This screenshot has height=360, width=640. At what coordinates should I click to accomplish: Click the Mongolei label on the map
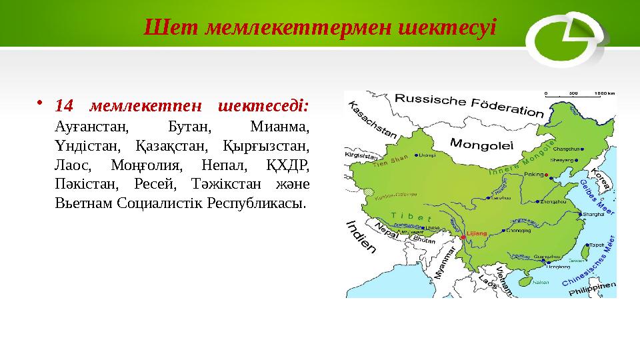click(481, 143)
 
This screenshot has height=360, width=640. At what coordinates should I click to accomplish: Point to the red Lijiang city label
click(477, 233)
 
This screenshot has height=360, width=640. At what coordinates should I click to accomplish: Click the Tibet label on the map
click(413, 217)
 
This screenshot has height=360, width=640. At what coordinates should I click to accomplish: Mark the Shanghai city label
click(592, 214)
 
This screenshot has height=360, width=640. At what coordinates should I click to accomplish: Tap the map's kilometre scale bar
click(579, 95)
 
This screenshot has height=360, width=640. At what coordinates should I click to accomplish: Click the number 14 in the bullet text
click(64, 105)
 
